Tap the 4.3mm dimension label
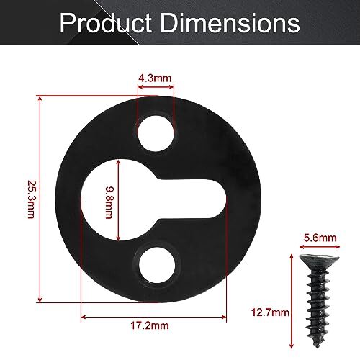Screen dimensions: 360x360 (x=155, y=76)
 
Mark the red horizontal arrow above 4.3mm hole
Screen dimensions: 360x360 (x=156, y=90)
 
